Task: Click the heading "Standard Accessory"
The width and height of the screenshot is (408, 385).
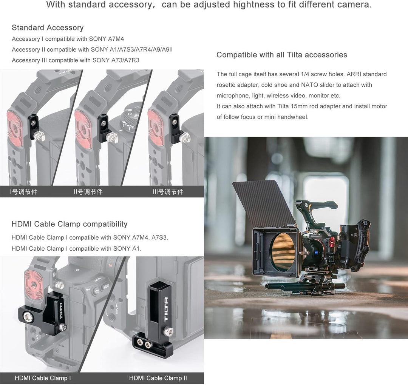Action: tap(48, 28)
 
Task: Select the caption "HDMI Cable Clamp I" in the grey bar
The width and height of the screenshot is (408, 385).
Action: tap(43, 378)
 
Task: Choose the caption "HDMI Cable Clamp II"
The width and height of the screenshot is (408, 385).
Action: tap(158, 378)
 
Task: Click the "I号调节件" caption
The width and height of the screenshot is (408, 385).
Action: tap(23, 192)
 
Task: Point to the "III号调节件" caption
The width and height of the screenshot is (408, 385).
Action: tap(168, 192)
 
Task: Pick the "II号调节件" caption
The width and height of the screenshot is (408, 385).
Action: tap(88, 192)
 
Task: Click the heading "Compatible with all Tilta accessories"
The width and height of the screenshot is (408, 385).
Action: tap(281, 55)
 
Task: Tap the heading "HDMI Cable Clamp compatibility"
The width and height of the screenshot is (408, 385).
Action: tap(69, 224)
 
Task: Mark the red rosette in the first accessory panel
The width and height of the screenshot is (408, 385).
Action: tap(14, 128)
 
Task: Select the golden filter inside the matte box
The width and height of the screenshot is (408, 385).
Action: tap(283, 251)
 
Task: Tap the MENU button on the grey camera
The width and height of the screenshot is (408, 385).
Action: tap(106, 286)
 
